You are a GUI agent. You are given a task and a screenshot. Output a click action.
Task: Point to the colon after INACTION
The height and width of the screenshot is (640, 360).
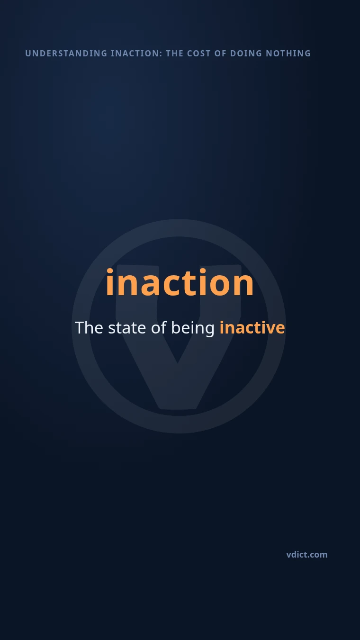coord(161,54)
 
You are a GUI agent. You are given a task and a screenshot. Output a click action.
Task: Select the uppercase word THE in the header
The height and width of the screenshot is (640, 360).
coord(175,54)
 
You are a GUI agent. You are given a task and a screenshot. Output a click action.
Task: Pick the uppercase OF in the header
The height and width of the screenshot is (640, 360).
coord(220,54)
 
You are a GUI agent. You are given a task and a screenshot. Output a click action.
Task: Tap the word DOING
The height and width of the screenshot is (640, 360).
coord(246,54)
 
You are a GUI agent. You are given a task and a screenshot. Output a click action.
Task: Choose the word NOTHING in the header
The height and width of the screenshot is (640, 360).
coord(288,54)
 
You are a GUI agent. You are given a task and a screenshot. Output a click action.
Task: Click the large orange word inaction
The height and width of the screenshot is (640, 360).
coord(180,282)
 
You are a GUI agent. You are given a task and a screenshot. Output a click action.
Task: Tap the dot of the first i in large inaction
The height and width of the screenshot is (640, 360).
coord(110,271)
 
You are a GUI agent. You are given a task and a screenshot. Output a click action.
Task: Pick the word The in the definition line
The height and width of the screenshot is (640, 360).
coord(89,328)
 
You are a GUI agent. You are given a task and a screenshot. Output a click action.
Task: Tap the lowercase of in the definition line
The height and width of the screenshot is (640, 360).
coord(159,328)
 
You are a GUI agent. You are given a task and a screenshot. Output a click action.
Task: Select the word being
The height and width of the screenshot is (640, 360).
coord(193,329)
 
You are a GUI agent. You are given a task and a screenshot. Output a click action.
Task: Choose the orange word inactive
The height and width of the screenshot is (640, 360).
coord(252,328)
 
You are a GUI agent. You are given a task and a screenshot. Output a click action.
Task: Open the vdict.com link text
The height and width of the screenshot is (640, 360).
coord(307,555)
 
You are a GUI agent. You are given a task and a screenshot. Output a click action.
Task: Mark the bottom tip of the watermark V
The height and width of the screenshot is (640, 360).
coord(178,408)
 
